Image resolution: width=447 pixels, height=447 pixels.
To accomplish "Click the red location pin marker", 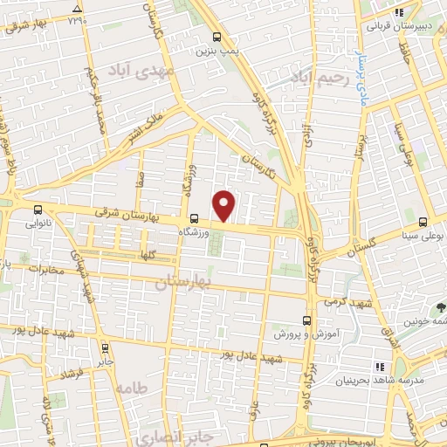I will (225, 206).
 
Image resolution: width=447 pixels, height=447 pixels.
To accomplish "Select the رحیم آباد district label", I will (320, 79).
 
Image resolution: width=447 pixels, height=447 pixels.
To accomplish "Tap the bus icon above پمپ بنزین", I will (218, 37).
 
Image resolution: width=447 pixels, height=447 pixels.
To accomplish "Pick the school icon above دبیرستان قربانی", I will (398, 13).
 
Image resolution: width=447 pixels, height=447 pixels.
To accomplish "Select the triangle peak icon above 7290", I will (79, 9).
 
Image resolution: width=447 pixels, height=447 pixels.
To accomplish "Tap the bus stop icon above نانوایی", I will (37, 210).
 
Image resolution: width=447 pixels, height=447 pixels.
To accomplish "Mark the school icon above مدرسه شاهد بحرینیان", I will (379, 367).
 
